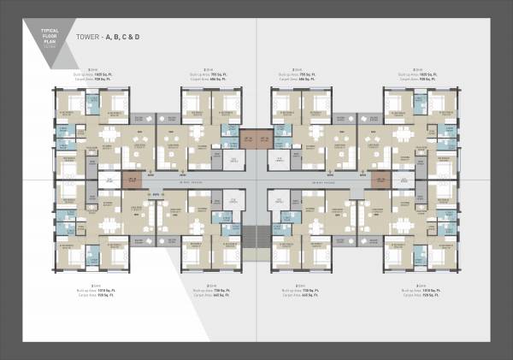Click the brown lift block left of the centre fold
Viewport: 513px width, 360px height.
pyautogui.click(x=247, y=139)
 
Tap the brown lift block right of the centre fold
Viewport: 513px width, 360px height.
pyautogui.click(x=266, y=139)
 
